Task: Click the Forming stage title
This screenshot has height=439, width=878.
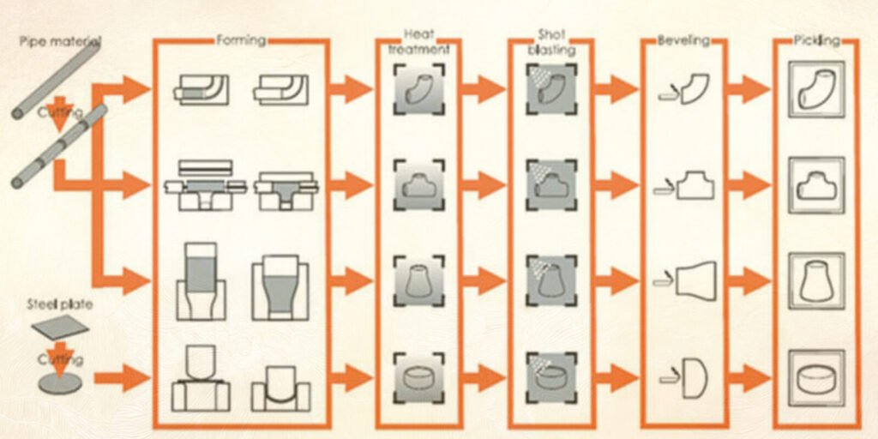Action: click(241, 39)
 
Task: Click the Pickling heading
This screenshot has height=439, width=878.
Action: click(815, 39)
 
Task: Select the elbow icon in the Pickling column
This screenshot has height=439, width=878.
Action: click(815, 88)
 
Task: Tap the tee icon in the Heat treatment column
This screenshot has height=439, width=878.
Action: click(420, 184)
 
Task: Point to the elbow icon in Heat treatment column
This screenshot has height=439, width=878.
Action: click(420, 88)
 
